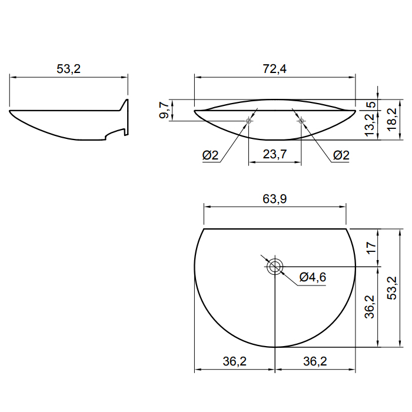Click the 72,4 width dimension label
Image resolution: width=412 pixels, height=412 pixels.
275,69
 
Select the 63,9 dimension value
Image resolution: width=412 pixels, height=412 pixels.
275,199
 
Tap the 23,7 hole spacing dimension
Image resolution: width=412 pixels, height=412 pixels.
275,154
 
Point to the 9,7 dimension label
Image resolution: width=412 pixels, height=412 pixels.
164,111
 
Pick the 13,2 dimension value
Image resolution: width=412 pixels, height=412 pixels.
370,125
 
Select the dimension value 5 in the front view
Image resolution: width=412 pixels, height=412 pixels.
371,105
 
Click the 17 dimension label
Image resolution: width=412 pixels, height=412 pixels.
371,248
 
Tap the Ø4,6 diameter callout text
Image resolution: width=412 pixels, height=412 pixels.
313,277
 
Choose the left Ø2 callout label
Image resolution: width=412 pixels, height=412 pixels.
210,155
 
